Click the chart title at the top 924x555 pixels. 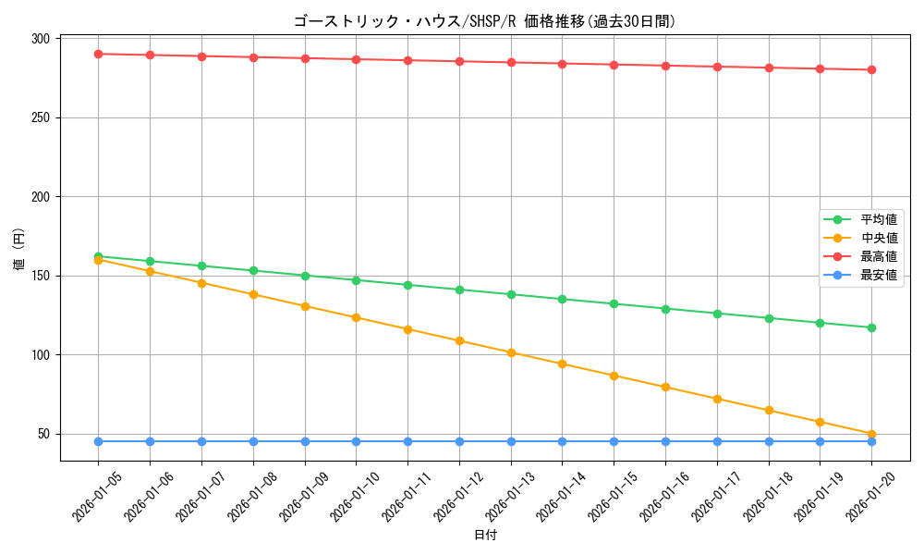[x=484, y=21]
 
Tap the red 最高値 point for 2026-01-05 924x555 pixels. [x=98, y=54]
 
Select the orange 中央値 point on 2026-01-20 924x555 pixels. [x=871, y=434]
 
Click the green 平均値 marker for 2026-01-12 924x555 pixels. [x=459, y=290]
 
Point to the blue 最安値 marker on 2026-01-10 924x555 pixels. [x=356, y=441]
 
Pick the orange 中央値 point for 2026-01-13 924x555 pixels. [x=511, y=352]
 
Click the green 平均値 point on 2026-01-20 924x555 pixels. [x=871, y=327]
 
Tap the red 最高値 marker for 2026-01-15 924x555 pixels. [x=614, y=65]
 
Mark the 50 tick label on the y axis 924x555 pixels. [x=43, y=434]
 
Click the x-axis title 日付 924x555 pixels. [x=485, y=536]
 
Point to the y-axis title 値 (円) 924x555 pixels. [x=19, y=249]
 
